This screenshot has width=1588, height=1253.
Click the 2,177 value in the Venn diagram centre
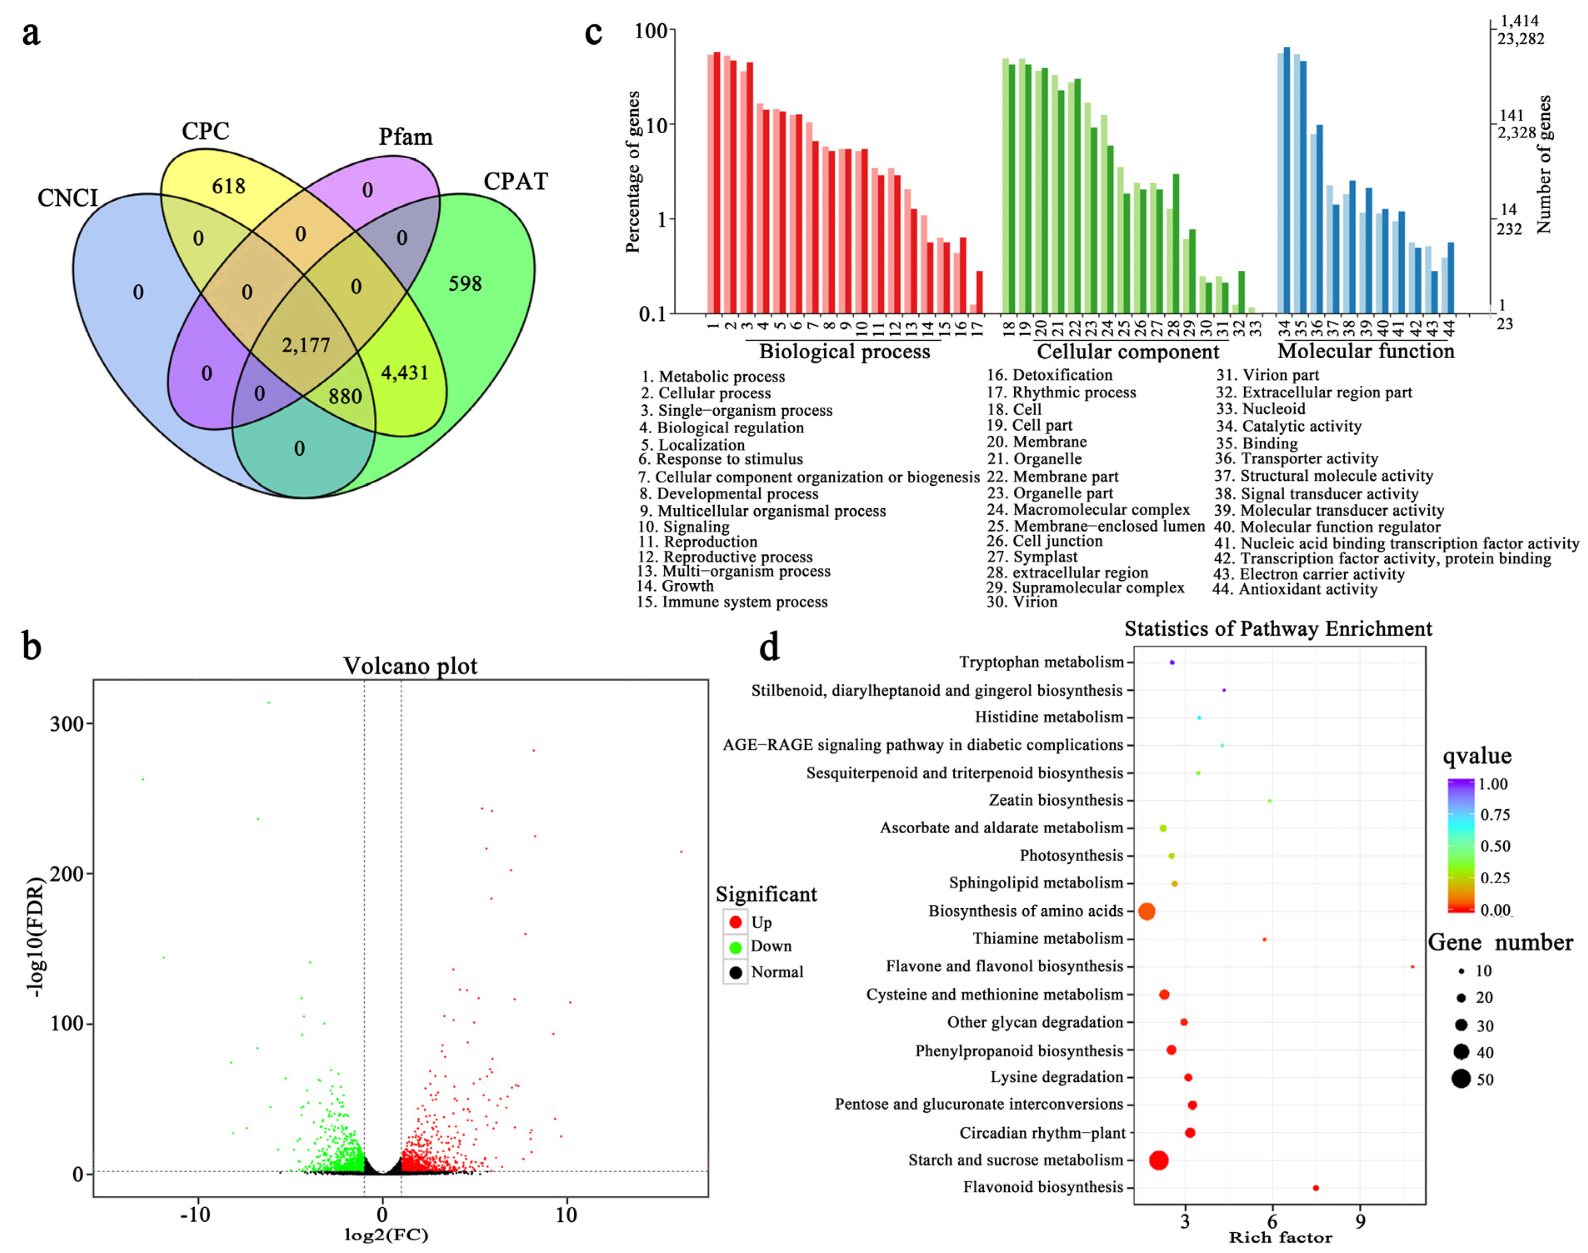306,345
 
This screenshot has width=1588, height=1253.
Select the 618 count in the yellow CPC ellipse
228,186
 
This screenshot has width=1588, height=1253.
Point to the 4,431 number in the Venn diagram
404,373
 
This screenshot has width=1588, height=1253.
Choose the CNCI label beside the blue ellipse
68,198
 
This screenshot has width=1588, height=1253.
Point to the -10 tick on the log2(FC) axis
195,1215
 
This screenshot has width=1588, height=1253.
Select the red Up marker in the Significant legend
735,922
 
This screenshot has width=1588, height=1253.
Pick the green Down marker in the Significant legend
735,947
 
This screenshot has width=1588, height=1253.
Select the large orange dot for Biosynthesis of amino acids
1146,911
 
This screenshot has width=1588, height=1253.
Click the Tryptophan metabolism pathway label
1041,662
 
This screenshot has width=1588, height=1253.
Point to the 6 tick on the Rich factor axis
1272,1221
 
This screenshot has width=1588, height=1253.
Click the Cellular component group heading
1128,352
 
